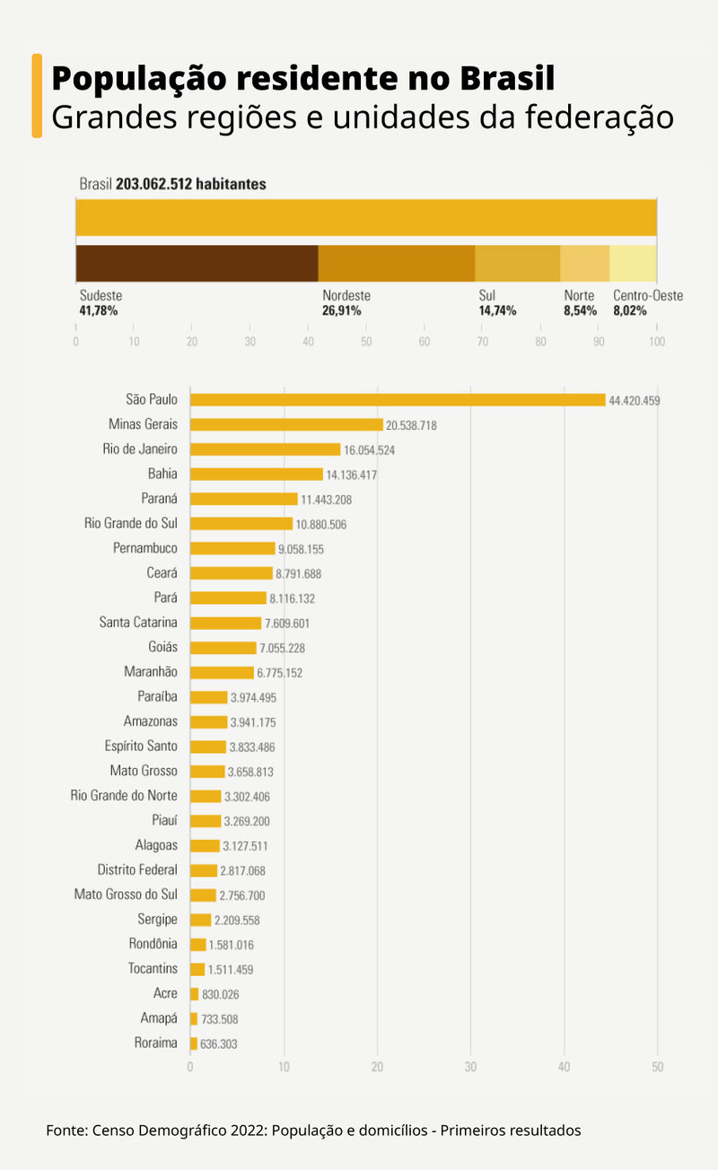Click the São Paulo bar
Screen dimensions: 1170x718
click(398, 400)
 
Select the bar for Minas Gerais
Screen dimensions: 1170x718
click(286, 424)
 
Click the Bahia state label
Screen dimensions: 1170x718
click(162, 474)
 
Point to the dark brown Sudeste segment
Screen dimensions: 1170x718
click(197, 264)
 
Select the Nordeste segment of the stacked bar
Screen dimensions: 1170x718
click(396, 264)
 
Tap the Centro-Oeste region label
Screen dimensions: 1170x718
click(647, 295)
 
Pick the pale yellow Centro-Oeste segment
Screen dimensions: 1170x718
click(633, 264)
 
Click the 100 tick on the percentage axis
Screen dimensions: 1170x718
click(657, 342)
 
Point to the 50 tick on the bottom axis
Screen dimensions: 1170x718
click(657, 1067)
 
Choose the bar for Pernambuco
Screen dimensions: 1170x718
click(232, 548)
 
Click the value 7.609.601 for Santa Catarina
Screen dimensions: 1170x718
click(292, 623)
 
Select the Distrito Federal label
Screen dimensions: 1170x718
click(137, 869)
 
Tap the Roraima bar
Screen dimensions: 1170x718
click(194, 1043)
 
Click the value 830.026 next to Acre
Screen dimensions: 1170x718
click(221, 994)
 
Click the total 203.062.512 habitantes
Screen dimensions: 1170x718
click(190, 184)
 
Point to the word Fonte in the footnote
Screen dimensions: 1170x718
click(66, 1131)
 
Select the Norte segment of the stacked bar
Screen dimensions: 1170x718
click(584, 264)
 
